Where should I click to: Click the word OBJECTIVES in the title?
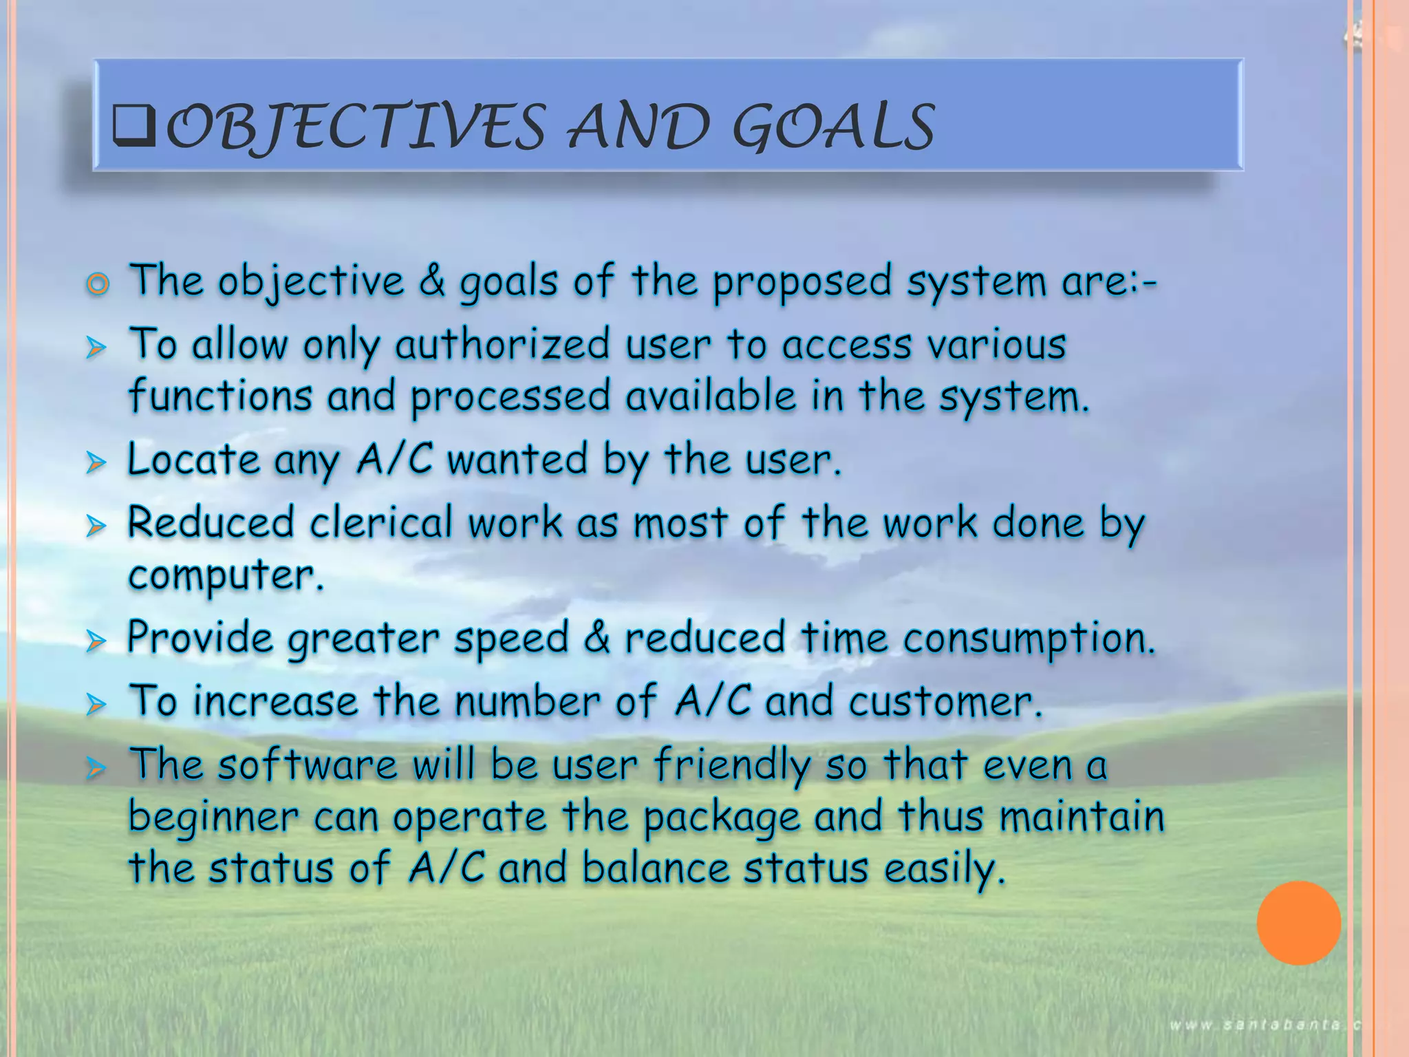(x=355, y=127)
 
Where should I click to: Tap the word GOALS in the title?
(x=833, y=127)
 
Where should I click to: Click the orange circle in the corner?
(x=1298, y=923)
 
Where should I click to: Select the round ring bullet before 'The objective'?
(x=98, y=284)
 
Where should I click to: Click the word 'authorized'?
(x=502, y=345)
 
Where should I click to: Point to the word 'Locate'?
(x=193, y=460)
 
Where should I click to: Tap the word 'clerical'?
(x=381, y=523)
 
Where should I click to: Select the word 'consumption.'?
(x=1029, y=639)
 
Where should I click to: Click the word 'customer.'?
(x=945, y=702)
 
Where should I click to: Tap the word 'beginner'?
(x=213, y=818)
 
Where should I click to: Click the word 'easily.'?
(x=945, y=868)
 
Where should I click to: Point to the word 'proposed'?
(x=802, y=282)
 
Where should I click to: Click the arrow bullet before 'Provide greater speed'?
(x=96, y=641)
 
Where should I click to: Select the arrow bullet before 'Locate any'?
(x=96, y=462)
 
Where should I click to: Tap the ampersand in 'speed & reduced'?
(x=596, y=637)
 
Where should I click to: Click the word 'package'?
(x=722, y=818)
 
